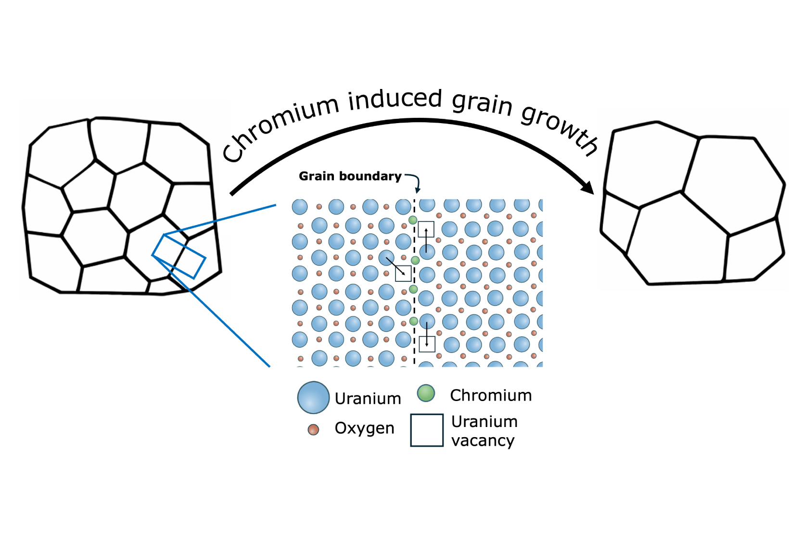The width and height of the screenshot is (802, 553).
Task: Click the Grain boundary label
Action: pos(350,176)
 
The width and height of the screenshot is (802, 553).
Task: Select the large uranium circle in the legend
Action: pos(313,398)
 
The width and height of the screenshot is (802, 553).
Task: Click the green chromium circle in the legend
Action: pos(426,393)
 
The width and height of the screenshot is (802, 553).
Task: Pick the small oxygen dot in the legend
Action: pos(313,429)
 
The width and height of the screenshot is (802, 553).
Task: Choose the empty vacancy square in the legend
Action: pos(427,430)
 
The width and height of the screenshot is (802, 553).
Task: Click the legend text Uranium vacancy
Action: pos(484,431)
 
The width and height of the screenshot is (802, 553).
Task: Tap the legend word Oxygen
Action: pos(364,428)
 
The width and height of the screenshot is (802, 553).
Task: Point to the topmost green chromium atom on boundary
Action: pos(413,220)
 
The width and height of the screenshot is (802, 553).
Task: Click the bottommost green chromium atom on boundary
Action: pos(414,321)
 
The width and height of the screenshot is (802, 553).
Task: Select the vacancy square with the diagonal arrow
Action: pos(403,274)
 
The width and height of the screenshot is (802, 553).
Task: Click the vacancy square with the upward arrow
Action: pos(426,229)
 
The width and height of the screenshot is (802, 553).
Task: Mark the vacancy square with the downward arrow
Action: pos(427,344)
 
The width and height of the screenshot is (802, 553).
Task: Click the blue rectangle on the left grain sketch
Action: pos(179,256)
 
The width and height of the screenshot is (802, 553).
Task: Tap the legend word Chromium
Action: pos(491,395)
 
